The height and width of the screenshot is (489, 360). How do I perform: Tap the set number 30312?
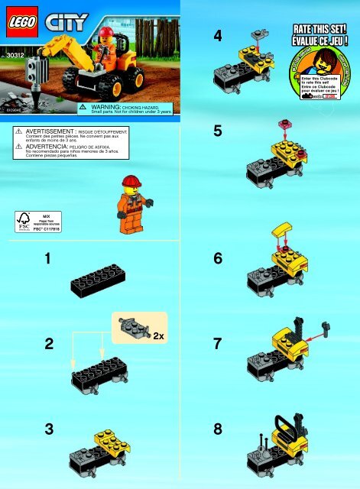click(x=15, y=56)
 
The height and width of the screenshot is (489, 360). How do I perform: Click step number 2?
click(x=48, y=344)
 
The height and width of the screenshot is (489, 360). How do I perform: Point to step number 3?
click(x=48, y=429)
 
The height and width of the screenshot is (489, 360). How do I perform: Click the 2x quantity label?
click(x=160, y=335)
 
